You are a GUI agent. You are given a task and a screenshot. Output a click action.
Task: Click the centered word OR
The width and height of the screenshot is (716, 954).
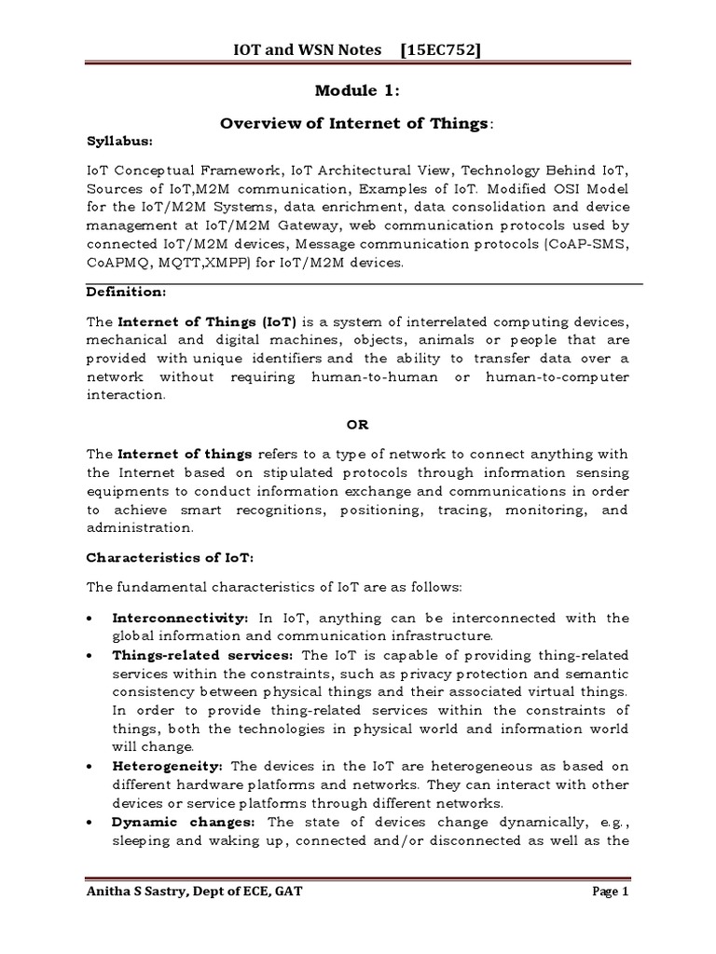[358, 424]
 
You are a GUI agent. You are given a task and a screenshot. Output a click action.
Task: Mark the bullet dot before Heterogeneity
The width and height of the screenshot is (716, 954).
[89, 767]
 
